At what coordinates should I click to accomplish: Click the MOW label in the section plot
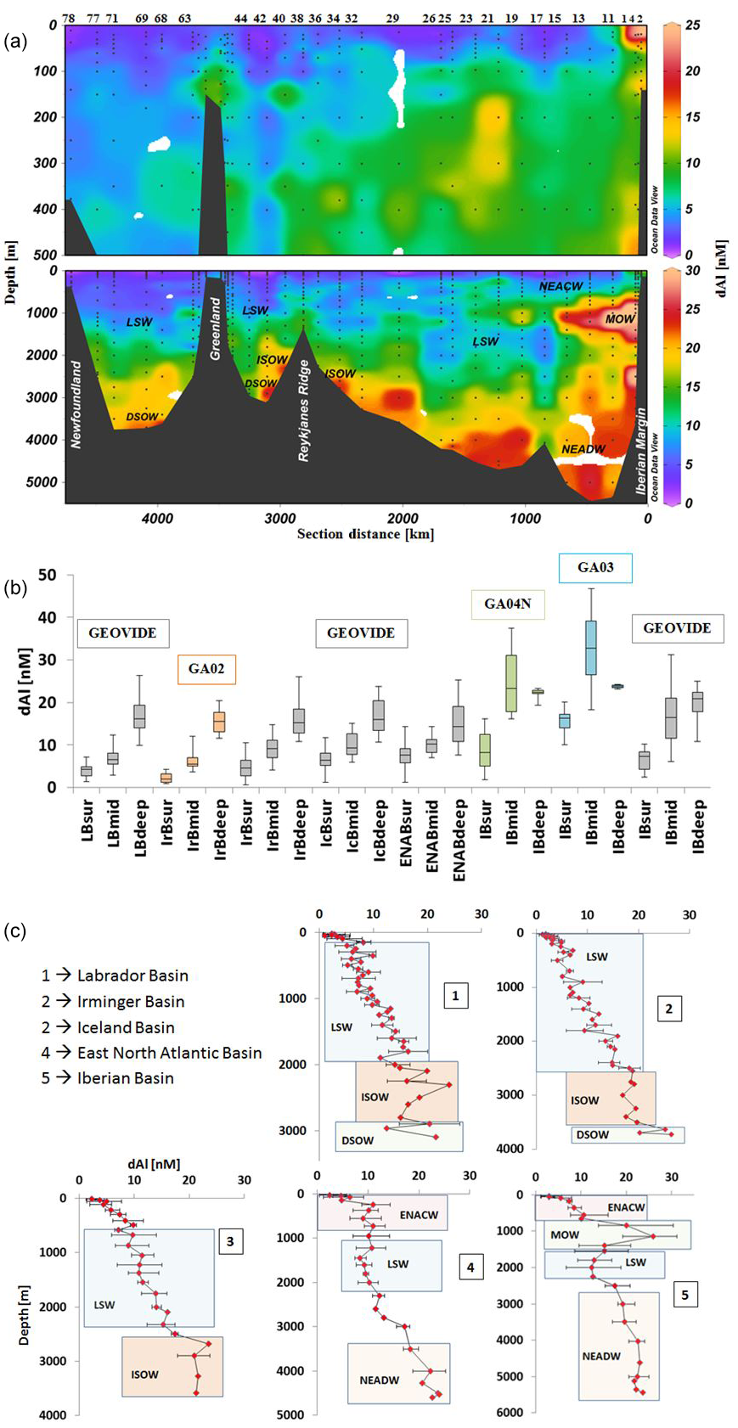[x=619, y=319]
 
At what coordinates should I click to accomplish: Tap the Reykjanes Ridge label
[x=304, y=410]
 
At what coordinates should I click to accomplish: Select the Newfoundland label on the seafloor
[x=76, y=405]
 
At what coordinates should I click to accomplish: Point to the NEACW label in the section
[x=561, y=287]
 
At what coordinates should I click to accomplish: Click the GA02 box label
[x=206, y=669]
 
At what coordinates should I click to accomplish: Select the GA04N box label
[x=507, y=604]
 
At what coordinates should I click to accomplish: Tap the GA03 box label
[x=595, y=568]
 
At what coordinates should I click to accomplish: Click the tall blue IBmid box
[x=591, y=648]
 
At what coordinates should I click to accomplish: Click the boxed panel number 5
[x=684, y=1296]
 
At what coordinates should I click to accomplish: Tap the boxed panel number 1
[x=455, y=995]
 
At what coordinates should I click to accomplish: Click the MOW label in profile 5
[x=565, y=1234]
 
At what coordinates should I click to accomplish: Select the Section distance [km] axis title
[x=365, y=534]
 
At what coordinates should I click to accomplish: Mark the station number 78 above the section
[x=69, y=18]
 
